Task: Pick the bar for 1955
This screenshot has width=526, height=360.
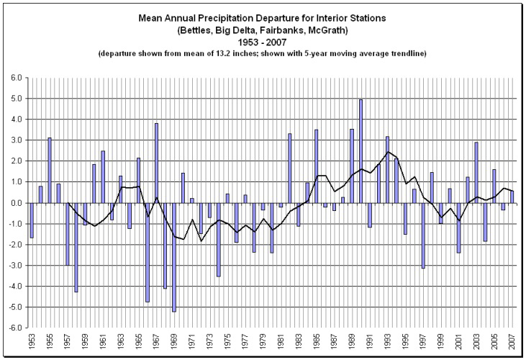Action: (50, 170)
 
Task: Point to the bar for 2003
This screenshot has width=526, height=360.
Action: (476, 172)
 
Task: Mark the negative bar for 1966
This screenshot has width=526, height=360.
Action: (148, 252)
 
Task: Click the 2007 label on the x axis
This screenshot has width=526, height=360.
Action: (512, 343)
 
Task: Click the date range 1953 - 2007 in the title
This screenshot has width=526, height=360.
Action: (263, 43)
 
